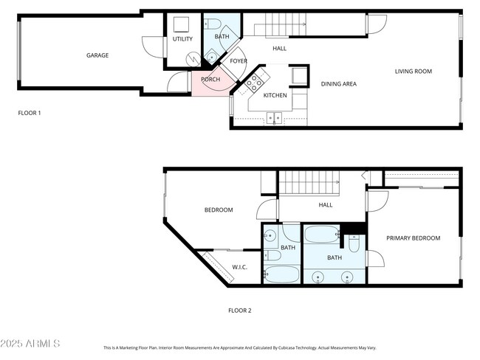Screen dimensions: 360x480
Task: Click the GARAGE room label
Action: click(x=97, y=55)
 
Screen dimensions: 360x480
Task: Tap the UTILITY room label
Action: click(x=182, y=38)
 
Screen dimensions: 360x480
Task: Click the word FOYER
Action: click(x=239, y=61)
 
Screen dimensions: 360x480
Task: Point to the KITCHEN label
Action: click(x=275, y=95)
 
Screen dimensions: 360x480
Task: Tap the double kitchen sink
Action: click(x=274, y=117)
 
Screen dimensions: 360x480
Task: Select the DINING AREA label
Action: click(x=338, y=84)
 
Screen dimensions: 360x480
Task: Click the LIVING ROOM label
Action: click(x=413, y=72)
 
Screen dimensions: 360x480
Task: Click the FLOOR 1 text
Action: click(x=30, y=113)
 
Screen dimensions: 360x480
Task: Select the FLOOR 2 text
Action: click(x=239, y=311)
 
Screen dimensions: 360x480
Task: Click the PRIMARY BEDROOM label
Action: click(x=413, y=238)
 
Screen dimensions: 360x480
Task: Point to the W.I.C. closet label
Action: click(x=239, y=266)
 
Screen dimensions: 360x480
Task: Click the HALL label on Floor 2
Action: click(x=325, y=205)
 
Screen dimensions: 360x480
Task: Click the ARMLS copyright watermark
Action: click(x=30, y=344)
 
